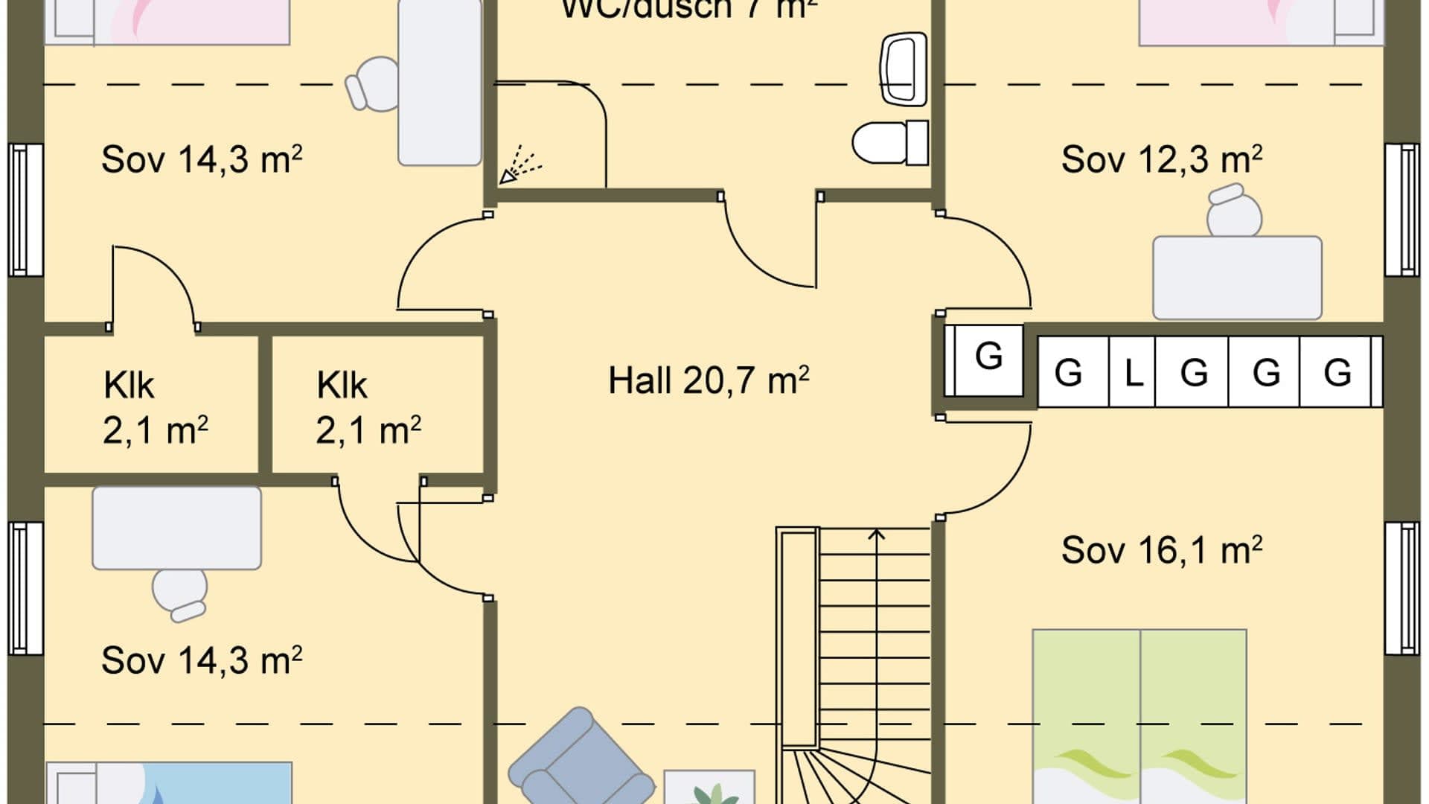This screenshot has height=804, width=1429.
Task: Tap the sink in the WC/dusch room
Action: tap(903, 69)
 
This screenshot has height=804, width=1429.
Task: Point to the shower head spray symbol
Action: tap(520, 165)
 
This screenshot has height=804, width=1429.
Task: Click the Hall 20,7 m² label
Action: tap(708, 380)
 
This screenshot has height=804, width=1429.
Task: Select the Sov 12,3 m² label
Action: tap(1160, 159)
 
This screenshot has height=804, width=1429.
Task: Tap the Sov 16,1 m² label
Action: tap(1160, 550)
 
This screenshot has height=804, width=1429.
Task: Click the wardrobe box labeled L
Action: tap(1132, 371)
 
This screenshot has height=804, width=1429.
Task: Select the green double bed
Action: tap(1139, 715)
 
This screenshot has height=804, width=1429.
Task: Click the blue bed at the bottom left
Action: tap(170, 783)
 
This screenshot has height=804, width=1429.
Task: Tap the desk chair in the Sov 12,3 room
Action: tap(1233, 211)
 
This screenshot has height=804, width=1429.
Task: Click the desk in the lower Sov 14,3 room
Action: tap(176, 528)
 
